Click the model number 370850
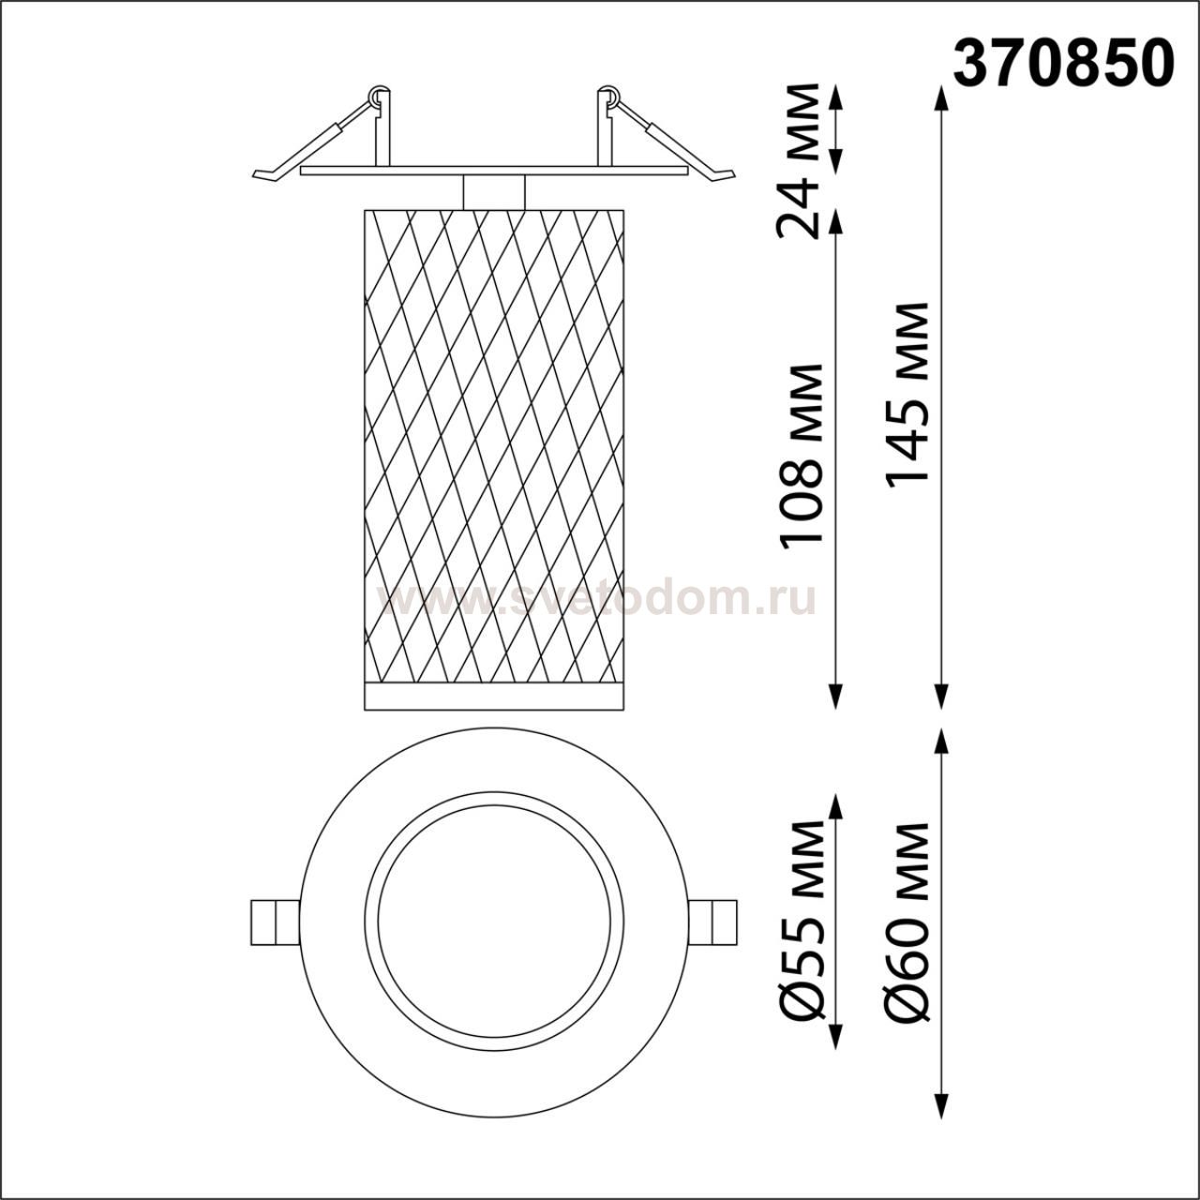1064,64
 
